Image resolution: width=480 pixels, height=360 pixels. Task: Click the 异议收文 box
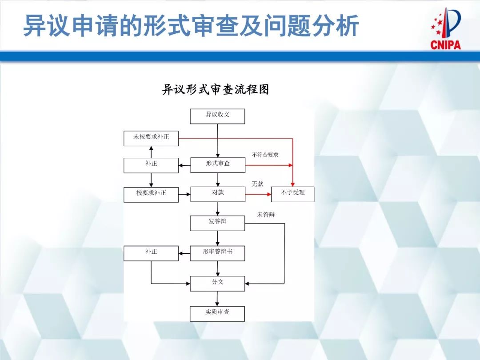coord(217,116)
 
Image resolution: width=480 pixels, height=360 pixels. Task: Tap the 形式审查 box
coord(217,165)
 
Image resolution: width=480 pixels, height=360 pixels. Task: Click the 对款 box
coord(217,194)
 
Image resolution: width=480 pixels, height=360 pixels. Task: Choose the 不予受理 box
coord(292,194)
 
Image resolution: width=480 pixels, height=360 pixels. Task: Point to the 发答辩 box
coord(217,223)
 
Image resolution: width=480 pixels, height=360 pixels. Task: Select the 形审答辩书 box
coord(217,253)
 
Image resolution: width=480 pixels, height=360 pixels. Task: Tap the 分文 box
coord(217,284)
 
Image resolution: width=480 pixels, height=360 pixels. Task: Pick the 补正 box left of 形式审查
coord(151,165)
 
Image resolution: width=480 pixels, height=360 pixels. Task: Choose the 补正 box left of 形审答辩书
coord(151,253)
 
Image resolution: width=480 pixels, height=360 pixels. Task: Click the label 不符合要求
coord(265,155)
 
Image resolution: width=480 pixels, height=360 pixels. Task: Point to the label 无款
coord(258,184)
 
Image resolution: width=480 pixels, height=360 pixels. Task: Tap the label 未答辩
coord(266,214)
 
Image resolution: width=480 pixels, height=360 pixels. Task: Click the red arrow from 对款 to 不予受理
coord(258,194)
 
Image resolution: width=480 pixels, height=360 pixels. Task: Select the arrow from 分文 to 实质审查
coord(218,299)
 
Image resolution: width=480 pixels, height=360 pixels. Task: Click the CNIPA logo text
coord(445,44)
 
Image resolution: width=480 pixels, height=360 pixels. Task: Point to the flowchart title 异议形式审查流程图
coord(216,90)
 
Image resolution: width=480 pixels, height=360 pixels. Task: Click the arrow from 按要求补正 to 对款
coord(184,194)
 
